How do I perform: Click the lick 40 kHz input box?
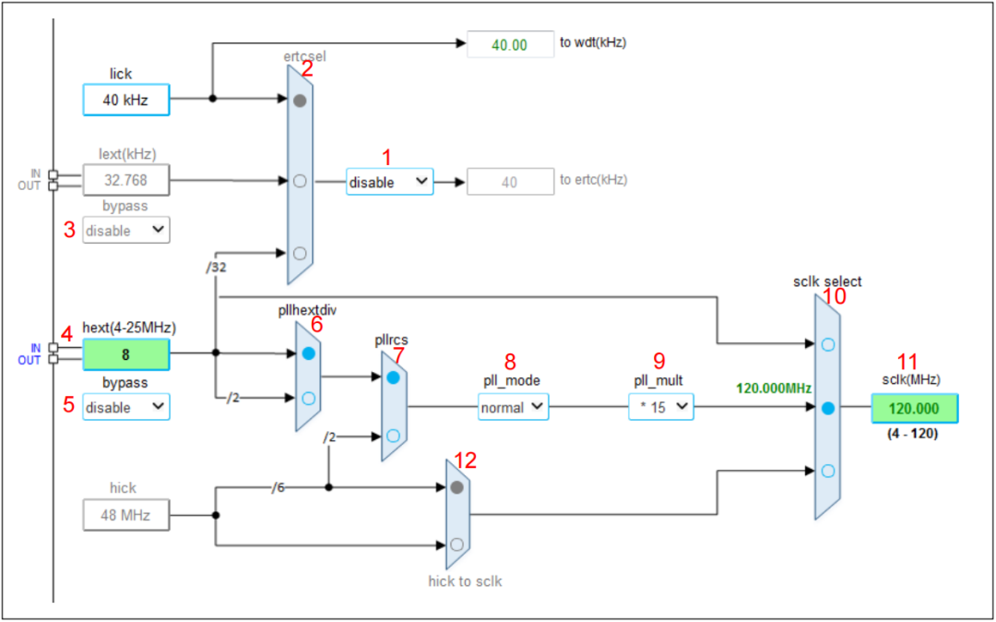coord(126,99)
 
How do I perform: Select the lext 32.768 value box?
coord(126,180)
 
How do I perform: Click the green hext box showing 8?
coord(126,353)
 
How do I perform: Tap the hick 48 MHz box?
coord(126,515)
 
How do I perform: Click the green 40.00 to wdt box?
coord(508,44)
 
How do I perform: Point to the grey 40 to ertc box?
coord(508,183)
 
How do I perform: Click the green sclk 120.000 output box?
coord(913,408)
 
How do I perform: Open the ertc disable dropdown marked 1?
coord(389,182)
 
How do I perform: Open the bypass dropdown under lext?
coord(126,231)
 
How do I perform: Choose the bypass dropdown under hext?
coord(126,407)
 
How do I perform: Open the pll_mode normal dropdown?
coord(513,407)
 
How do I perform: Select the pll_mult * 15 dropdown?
coord(661,407)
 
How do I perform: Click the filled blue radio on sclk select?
coord(827,408)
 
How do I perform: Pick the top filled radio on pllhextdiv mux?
coord(309,353)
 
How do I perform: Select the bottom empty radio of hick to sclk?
coord(456,544)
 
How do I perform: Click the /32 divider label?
coord(216,268)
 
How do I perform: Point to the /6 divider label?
coord(277,487)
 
